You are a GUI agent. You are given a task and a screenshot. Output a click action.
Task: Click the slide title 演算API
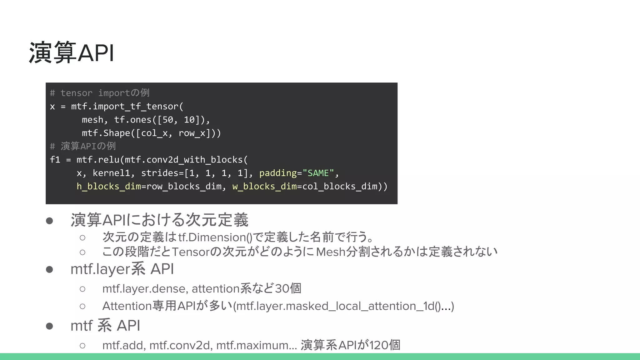point(72,53)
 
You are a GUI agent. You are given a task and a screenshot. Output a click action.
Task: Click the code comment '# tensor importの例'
point(100,93)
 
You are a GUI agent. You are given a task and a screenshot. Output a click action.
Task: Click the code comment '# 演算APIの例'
point(83,146)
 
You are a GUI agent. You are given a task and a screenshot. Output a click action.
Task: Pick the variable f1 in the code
point(55,160)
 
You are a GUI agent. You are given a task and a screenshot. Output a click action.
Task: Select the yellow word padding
point(278,173)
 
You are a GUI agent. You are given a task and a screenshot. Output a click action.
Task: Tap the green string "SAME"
point(318,173)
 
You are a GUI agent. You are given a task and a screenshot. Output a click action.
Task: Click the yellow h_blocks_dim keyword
point(109,187)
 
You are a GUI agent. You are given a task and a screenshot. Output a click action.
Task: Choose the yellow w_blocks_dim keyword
point(264,187)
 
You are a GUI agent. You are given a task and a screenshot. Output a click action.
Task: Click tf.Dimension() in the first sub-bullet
point(215,237)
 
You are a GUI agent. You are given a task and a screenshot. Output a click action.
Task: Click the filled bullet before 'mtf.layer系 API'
point(49,269)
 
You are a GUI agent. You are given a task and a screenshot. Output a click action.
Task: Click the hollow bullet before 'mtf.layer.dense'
point(82,289)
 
